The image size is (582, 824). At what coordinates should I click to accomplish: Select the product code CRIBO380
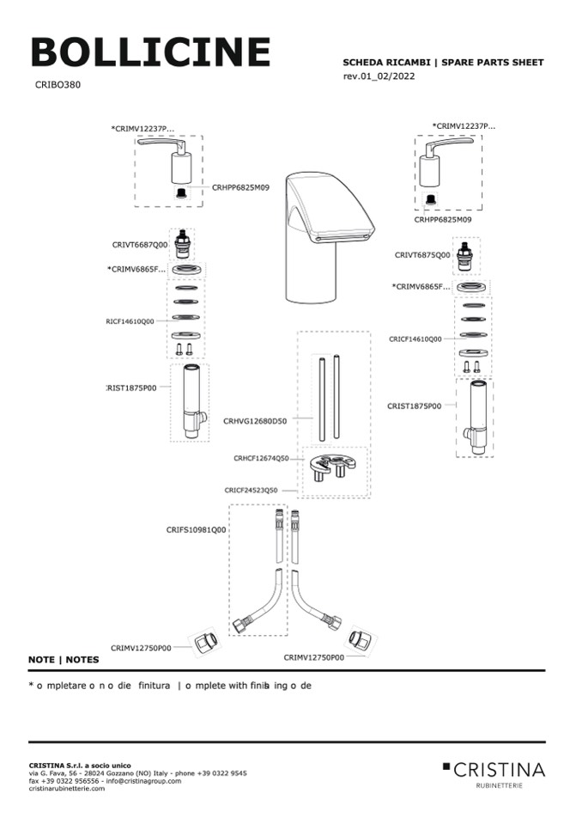58,85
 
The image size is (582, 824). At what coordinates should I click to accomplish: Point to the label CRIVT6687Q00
139,245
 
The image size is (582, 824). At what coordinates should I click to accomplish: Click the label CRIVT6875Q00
422,254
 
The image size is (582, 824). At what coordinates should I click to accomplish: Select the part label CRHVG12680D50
255,421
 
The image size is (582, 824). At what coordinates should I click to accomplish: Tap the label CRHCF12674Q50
261,458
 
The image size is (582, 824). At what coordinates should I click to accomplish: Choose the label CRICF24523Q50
252,490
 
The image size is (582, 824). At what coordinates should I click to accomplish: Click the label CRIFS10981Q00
196,530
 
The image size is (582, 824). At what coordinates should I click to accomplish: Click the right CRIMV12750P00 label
313,657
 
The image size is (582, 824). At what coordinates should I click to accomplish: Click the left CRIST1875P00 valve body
190,401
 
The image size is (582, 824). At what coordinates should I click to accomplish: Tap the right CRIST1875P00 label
414,406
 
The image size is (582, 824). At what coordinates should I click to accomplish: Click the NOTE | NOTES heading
64,660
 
